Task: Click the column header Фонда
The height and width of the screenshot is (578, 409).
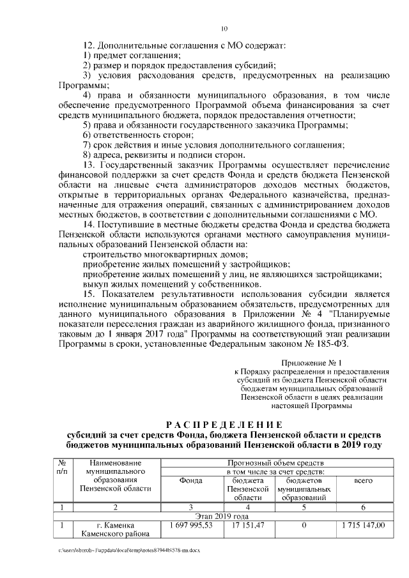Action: (x=191, y=480)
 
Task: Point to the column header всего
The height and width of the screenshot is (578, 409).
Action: (x=363, y=480)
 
